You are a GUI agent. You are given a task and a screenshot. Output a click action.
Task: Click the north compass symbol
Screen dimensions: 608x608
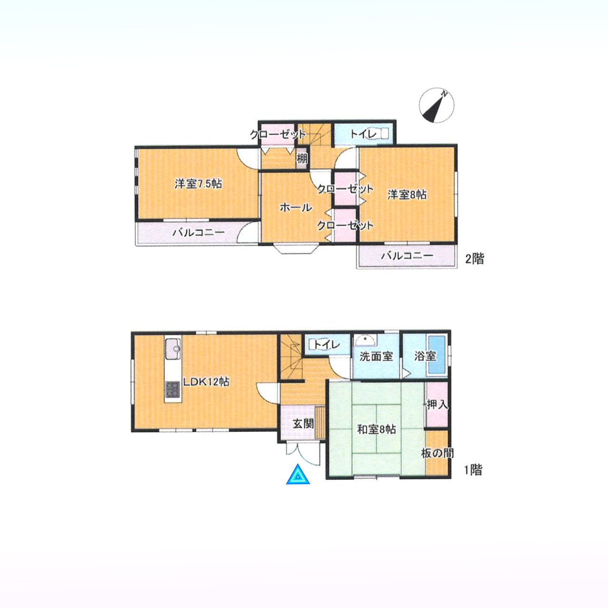[x=437, y=105]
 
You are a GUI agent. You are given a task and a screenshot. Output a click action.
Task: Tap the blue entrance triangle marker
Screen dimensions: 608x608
[x=297, y=475]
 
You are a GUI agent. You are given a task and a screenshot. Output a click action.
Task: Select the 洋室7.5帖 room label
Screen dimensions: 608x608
[x=198, y=184]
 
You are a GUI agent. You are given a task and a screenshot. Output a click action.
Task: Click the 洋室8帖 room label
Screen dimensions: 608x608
[x=407, y=195]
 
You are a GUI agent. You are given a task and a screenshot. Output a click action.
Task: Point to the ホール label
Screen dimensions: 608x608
[x=295, y=208]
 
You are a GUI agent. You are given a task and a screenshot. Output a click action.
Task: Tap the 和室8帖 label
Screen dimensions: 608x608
[x=376, y=430]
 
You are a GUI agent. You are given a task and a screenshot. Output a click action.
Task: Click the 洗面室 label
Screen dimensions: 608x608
[x=376, y=357]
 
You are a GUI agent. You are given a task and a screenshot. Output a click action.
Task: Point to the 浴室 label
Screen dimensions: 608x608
[x=425, y=356]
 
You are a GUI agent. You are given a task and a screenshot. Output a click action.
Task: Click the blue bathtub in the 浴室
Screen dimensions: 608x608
[x=436, y=355]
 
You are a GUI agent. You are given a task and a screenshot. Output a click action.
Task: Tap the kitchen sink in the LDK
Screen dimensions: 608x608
[x=172, y=349]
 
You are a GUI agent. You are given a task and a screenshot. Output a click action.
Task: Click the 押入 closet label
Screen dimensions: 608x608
[x=437, y=405]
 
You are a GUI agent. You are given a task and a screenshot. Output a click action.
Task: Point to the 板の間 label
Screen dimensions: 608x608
[x=438, y=454]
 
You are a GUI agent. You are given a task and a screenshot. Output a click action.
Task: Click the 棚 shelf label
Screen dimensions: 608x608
[x=302, y=158]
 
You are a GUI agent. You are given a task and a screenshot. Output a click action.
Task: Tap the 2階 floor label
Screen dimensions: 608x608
[x=475, y=259]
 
